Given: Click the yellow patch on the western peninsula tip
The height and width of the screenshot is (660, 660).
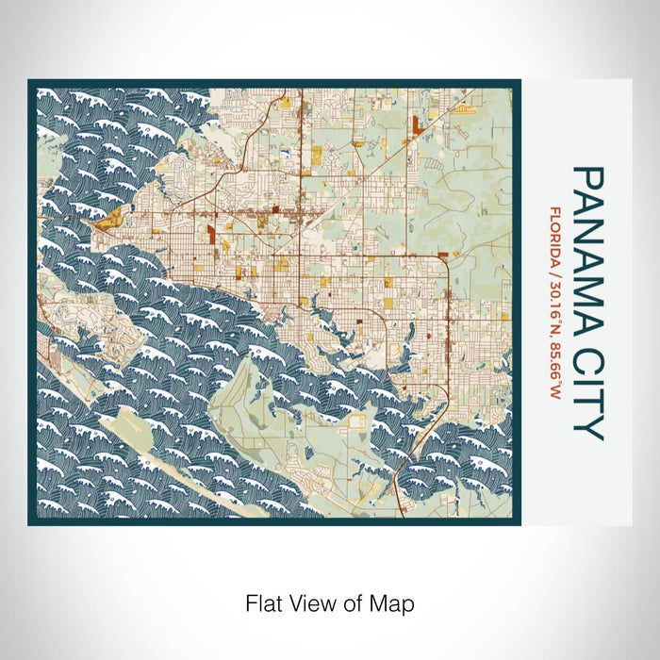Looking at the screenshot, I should coord(111,221).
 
